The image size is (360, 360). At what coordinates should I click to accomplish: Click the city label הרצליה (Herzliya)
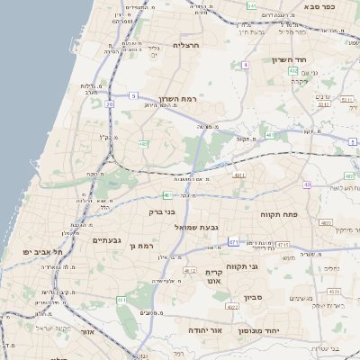click(186, 44)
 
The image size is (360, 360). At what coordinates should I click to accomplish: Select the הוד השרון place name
click(289, 59)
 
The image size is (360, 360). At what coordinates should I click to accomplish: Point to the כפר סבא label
click(319, 6)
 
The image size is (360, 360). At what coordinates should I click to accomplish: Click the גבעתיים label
click(106, 240)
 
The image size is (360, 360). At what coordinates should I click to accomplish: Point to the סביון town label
click(253, 295)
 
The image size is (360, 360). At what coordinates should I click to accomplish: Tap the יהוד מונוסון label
click(259, 331)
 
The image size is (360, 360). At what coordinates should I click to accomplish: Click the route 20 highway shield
click(109, 104)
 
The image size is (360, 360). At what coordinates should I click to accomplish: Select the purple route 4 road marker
click(245, 65)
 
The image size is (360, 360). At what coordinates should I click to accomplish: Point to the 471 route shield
click(233, 241)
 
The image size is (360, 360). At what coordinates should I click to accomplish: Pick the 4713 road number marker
click(283, 244)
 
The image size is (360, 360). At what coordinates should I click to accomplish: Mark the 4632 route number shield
click(334, 291)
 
